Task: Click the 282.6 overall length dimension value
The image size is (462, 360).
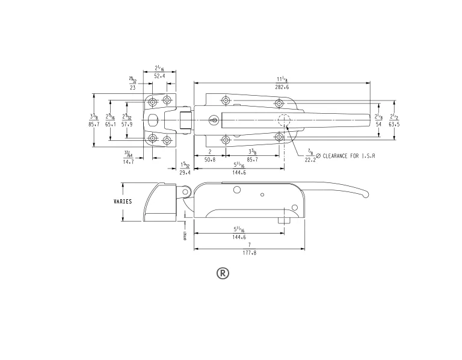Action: [282, 87]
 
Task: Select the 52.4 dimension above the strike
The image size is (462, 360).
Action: [160, 76]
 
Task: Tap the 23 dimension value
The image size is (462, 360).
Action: [132, 88]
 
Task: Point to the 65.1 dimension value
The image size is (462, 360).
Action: [111, 124]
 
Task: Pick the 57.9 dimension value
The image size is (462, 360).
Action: [127, 124]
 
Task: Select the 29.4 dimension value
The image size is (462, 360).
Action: [185, 172]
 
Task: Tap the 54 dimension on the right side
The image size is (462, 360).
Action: [378, 123]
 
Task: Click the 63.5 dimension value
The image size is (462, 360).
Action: [394, 123]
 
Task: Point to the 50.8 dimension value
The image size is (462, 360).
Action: [209, 161]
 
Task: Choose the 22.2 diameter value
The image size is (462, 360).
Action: [310, 161]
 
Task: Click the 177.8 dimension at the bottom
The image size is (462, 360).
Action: [248, 253]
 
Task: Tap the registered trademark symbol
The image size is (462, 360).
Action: [223, 273]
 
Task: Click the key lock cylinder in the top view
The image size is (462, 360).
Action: [214, 120]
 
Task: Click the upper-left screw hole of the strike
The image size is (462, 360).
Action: [153, 101]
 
